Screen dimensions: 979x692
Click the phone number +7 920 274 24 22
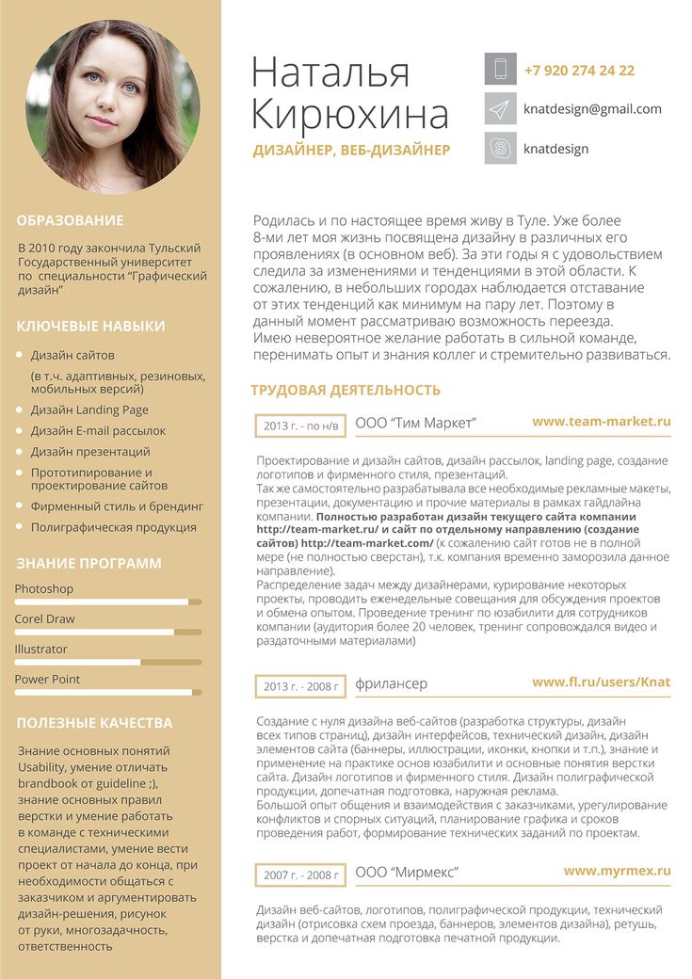pyautogui.click(x=579, y=71)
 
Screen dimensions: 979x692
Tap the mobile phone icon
pyautogui.click(x=501, y=70)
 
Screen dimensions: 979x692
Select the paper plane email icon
pyautogui.click(x=501, y=109)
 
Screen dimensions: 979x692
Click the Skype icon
pyautogui.click(x=501, y=148)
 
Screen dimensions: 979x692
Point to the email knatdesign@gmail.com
pyautogui.click(x=592, y=109)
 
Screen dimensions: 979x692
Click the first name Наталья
pyautogui.click(x=331, y=73)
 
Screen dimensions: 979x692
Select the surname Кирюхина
pyautogui.click(x=350, y=115)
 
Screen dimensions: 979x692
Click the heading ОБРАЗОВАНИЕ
pyautogui.click(x=71, y=220)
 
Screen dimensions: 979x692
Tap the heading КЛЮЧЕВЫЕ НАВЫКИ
pyautogui.click(x=90, y=327)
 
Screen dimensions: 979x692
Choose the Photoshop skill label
pyautogui.click(x=43, y=589)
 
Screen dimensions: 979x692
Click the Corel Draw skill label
pyautogui.click(x=44, y=619)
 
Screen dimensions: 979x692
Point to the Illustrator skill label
pyautogui.click(x=40, y=650)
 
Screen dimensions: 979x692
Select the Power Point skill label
pyautogui.click(x=47, y=680)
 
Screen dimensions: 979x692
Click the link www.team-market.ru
pyautogui.click(x=601, y=422)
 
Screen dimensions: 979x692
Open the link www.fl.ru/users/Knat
pyautogui.click(x=601, y=682)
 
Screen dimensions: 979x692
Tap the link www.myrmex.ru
pyautogui.click(x=617, y=872)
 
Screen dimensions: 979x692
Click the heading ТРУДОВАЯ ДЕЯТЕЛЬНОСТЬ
pyautogui.click(x=346, y=390)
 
